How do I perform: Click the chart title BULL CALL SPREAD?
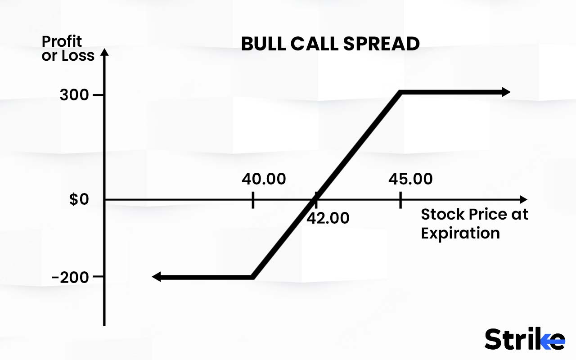click(330, 44)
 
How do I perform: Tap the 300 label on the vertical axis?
click(74, 95)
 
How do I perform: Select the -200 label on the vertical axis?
click(70, 277)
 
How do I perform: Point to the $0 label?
click(80, 199)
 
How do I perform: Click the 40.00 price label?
click(264, 179)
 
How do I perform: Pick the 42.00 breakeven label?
click(328, 218)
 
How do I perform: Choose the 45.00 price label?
click(410, 179)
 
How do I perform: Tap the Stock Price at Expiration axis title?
click(474, 224)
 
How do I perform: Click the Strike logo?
click(525, 339)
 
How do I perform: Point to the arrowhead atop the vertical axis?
click(104, 52)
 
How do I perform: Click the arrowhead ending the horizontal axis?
click(522, 199)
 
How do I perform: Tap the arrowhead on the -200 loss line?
click(157, 277)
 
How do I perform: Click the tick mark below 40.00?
click(253, 199)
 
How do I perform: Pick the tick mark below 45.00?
click(400, 199)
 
